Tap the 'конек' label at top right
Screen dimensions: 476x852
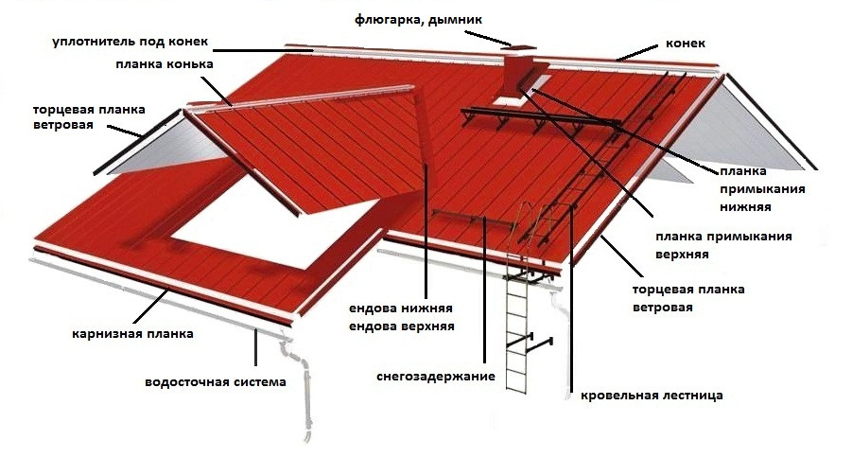(686, 44)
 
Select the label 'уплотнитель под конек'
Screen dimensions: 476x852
(130, 42)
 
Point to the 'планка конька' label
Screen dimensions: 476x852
(174, 65)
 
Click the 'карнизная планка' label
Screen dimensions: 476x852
(132, 333)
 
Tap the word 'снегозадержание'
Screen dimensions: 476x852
(436, 377)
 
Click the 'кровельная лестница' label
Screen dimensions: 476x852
(652, 395)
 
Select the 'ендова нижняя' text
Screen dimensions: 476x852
(402, 309)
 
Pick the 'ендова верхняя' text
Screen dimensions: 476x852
(402, 326)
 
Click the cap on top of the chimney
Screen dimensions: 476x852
(518, 46)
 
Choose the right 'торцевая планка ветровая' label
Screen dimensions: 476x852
(687, 298)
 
